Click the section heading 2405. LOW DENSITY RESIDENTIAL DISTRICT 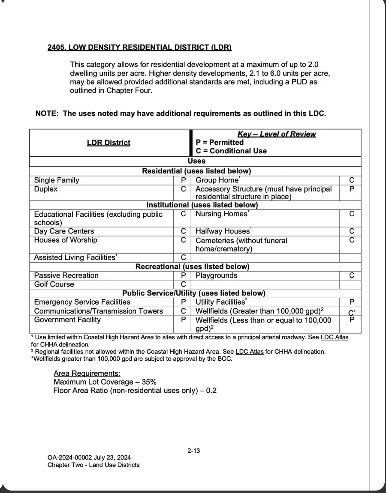click(x=139, y=47)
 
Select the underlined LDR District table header click(x=109, y=143)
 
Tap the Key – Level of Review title click(x=276, y=134)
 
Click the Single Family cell click(x=57, y=180)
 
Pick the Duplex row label click(x=45, y=189)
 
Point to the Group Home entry click(x=217, y=180)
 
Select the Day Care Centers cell click(x=58, y=231)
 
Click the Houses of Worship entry click(x=66, y=240)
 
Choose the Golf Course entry click(x=54, y=284)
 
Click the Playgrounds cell click(x=216, y=275)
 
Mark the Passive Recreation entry click(x=66, y=275)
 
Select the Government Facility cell click(x=67, y=320)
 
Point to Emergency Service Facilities click(x=82, y=302)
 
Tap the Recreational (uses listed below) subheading click(x=192, y=266)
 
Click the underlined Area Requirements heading click(x=87, y=373)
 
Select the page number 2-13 click(x=194, y=451)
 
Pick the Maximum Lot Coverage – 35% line click(x=105, y=382)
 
